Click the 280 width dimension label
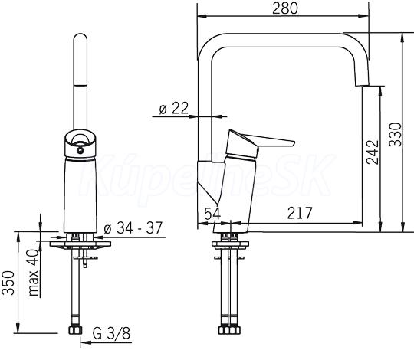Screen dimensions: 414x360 pos(285,8)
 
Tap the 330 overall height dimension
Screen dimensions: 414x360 pos(396,135)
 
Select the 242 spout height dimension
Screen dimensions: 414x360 pos(373,152)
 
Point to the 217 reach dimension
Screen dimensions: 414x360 pos(300,213)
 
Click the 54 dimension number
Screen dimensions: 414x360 pos(212,214)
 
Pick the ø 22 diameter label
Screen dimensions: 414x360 pos(174,108)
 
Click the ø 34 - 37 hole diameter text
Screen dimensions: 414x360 pos(133,227)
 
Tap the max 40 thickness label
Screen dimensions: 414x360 pos(34,273)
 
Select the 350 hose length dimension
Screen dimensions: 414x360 pos(8,283)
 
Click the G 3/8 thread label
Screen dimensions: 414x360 pos(111,333)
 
